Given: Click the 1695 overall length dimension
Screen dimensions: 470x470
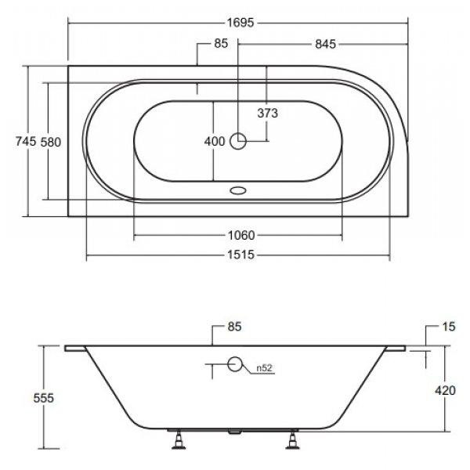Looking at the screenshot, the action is pyautogui.click(x=240, y=23).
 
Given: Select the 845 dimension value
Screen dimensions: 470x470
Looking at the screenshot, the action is pyautogui.click(x=326, y=45).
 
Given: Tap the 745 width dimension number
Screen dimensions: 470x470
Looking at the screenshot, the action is pyautogui.click(x=26, y=141).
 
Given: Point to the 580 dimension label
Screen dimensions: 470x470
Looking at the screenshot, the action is pyautogui.click(x=51, y=142).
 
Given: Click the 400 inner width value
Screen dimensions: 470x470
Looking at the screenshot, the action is pyautogui.click(x=215, y=141).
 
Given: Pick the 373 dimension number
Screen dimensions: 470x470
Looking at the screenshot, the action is pyautogui.click(x=268, y=113).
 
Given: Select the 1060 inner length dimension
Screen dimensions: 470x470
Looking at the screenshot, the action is pyautogui.click(x=241, y=235).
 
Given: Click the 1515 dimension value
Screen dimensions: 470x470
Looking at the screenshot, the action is pyautogui.click(x=240, y=255).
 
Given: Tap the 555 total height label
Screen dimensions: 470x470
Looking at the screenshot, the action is pyautogui.click(x=44, y=398).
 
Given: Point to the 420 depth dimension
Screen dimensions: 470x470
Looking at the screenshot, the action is pyautogui.click(x=445, y=390).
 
